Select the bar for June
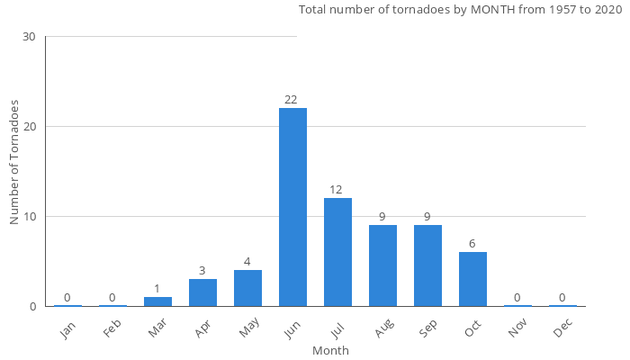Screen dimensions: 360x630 tap(292, 207)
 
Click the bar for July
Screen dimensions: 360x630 tap(337, 252)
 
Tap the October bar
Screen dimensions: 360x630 tap(472, 279)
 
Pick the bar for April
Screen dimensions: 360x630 tap(202, 292)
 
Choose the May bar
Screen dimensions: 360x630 tap(247, 288)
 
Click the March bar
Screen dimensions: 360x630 tap(157, 301)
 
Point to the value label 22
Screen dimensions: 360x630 tap(291, 99)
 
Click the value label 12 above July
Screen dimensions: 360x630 tap(336, 189)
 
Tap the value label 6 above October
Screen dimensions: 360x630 tap(472, 243)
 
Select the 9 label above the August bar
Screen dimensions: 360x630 tap(382, 216)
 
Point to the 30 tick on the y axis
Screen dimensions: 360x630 tap(30, 37)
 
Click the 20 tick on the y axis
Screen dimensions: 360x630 tap(30, 127)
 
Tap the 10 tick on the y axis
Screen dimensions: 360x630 tap(30, 217)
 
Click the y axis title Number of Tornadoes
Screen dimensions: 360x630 tap(15, 163)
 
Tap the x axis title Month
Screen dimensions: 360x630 tap(330, 350)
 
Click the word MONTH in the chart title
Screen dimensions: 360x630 tap(496, 10)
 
